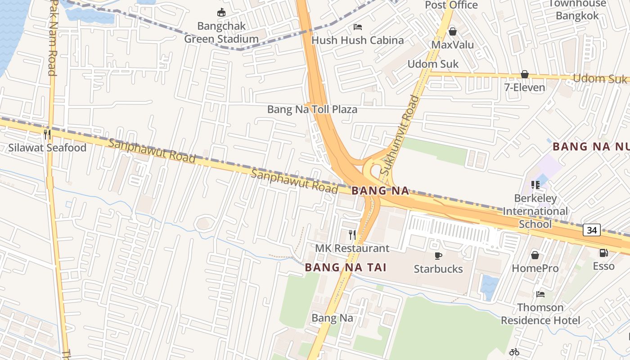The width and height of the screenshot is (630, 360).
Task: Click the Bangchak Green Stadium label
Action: pyautogui.click(x=221, y=32)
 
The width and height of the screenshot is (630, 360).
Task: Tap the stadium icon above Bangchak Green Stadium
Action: pyautogui.click(x=221, y=12)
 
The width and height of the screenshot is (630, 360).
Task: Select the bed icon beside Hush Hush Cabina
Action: pyautogui.click(x=358, y=27)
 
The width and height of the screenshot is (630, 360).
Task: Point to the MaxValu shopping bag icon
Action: pyautogui.click(x=452, y=31)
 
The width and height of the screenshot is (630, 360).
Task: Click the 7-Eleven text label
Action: pyautogui.click(x=524, y=87)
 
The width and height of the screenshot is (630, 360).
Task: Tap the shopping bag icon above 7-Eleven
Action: pyautogui.click(x=524, y=74)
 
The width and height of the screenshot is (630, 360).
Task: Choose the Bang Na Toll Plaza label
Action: pyautogui.click(x=312, y=109)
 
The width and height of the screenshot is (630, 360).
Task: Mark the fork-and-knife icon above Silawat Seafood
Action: pyautogui.click(x=47, y=135)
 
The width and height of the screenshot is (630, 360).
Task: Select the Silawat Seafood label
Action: pyautogui.click(x=47, y=148)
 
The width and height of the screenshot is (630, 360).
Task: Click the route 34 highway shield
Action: pyautogui.click(x=592, y=230)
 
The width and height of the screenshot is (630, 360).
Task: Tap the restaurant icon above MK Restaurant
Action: pyautogui.click(x=352, y=234)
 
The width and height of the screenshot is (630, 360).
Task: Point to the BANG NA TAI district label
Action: pyautogui.click(x=346, y=267)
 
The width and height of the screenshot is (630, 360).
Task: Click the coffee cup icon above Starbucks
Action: pyautogui.click(x=438, y=256)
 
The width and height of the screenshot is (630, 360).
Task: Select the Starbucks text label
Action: pyautogui.click(x=438, y=269)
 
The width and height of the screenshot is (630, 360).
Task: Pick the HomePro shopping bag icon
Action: pyautogui.click(x=535, y=255)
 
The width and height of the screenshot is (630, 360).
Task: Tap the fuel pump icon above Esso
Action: pyautogui.click(x=603, y=253)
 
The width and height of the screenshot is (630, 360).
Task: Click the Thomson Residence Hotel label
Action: pyautogui.click(x=540, y=314)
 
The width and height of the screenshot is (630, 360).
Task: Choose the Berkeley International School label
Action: pyautogui.click(x=535, y=211)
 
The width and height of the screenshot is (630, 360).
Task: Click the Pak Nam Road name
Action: pyautogui.click(x=52, y=38)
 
